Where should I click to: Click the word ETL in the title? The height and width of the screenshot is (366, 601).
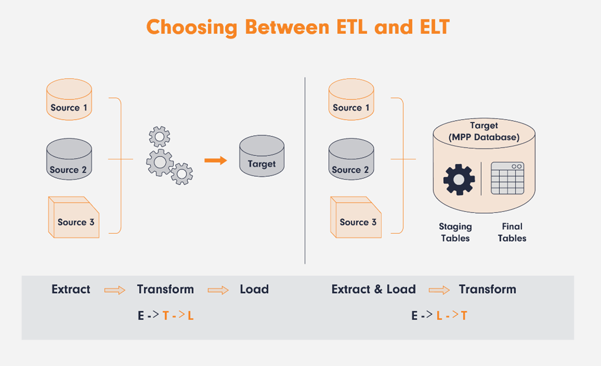coord(352,27)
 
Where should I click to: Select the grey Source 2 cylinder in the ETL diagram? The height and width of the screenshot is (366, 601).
coord(69,159)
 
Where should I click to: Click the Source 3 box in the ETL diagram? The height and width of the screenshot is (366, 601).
coord(73,217)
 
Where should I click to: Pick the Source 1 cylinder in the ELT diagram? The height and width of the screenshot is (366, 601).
coord(351,99)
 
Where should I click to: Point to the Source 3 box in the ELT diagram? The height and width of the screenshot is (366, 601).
coord(356,217)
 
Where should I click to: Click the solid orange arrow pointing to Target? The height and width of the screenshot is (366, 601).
coord(215,160)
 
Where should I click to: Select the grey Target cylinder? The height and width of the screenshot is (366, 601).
coord(262,156)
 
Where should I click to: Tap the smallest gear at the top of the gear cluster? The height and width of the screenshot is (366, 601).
coord(159,136)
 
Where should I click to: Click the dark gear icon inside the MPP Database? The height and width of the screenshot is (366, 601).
coord(459,180)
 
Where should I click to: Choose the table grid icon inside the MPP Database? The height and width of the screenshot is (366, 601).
coord(508,178)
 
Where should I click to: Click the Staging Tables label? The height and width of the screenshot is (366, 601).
coord(455,232)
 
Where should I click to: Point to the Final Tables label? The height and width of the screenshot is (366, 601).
coord(512,232)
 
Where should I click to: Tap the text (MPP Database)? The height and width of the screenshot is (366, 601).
coord(484,137)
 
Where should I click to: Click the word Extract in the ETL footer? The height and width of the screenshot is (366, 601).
coord(71,289)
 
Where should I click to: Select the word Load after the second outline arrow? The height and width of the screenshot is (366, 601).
coord(254,289)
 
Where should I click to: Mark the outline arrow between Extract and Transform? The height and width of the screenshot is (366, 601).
coord(115,290)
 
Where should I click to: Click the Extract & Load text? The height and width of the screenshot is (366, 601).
coord(374,289)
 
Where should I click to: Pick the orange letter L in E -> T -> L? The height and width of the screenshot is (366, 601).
coord(191,316)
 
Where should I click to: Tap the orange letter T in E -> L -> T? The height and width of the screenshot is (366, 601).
coord(464,316)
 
